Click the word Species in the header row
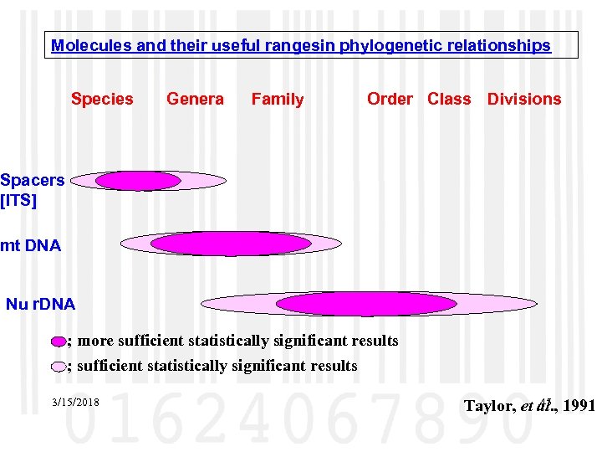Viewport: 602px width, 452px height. (102, 99)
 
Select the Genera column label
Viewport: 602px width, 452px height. (195, 99)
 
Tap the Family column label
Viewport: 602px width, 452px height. (278, 99)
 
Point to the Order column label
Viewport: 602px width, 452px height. (390, 99)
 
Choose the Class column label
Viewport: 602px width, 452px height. (449, 99)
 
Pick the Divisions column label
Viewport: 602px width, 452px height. (524, 99)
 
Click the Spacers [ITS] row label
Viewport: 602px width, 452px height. (32, 190)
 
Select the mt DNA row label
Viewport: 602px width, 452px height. (30, 246)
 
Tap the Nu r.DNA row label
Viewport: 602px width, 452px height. (40, 303)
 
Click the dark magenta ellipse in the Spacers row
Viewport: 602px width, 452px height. (138, 181)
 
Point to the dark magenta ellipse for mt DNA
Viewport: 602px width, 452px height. (231, 244)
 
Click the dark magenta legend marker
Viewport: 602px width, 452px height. (57, 342)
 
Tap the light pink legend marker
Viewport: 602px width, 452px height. (57, 366)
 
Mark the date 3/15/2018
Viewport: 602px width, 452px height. (75, 403)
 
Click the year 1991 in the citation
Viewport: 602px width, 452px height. (579, 407)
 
